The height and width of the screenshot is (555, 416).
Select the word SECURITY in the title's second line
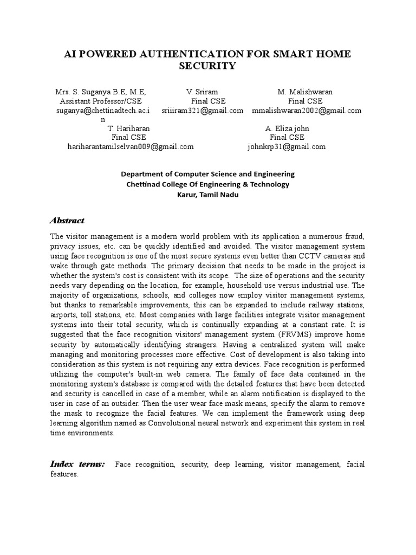(x=207, y=67)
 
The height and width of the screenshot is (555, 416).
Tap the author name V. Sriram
(x=202, y=92)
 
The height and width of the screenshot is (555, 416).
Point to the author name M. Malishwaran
(x=305, y=92)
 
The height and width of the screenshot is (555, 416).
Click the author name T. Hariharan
(x=129, y=128)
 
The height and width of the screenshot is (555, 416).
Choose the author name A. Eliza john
(x=287, y=128)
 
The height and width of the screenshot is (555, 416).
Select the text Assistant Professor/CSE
(x=101, y=101)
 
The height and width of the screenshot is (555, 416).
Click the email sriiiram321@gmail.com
(x=202, y=110)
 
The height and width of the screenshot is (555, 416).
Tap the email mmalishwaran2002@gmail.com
(x=306, y=110)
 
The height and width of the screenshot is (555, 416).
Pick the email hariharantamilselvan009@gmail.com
(x=130, y=146)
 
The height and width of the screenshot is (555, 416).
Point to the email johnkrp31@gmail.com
(x=286, y=146)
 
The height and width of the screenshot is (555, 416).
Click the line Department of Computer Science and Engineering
(x=207, y=174)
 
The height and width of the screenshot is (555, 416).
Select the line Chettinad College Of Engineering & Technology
(x=207, y=184)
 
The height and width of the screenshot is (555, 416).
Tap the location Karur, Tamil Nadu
(x=207, y=195)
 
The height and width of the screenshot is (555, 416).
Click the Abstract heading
(x=67, y=221)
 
